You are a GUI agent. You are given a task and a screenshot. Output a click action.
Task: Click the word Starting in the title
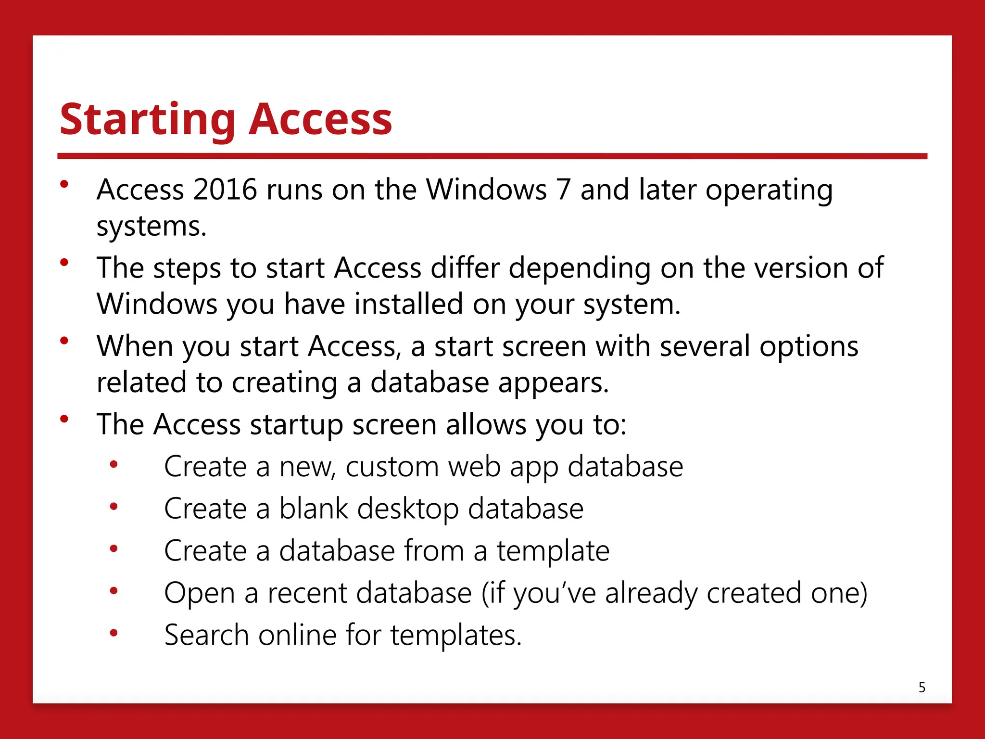(147, 120)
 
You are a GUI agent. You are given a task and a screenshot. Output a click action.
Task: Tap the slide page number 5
(922, 688)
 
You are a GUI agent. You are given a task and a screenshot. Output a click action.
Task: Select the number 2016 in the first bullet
(225, 190)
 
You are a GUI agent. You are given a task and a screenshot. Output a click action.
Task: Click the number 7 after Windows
(563, 190)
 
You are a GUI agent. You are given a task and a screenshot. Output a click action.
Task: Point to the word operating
(769, 191)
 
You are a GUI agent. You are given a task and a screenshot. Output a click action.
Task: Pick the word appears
(553, 383)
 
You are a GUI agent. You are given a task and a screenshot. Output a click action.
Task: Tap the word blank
(314, 509)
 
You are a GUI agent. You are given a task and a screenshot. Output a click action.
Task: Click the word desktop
(408, 510)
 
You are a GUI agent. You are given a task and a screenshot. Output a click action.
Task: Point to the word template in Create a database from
(553, 551)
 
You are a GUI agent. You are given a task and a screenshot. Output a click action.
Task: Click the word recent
(307, 593)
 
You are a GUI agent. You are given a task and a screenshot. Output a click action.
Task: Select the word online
(297, 635)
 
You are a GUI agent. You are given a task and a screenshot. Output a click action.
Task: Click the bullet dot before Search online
(114, 633)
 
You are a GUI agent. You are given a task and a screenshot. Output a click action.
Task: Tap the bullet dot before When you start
(64, 341)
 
